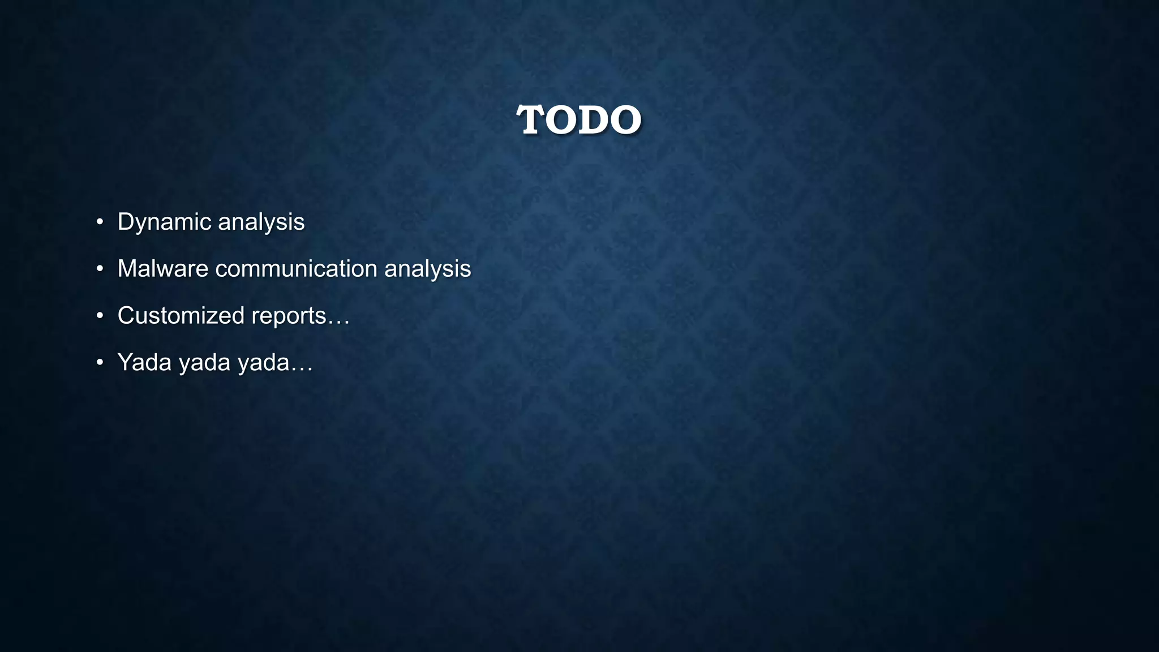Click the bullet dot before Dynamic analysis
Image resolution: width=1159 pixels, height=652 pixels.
coord(100,222)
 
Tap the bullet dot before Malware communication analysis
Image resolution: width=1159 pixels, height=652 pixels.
coord(100,269)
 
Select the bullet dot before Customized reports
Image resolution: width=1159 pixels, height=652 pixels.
coord(100,316)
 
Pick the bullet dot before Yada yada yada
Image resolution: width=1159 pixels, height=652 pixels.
coord(100,363)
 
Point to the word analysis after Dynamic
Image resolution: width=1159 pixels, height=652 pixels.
coord(261,222)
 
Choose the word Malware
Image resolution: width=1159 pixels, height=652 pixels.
coord(163,269)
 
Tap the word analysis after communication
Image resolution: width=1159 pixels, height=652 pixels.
coord(427,269)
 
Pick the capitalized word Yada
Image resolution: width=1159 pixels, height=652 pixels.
coord(144,363)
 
